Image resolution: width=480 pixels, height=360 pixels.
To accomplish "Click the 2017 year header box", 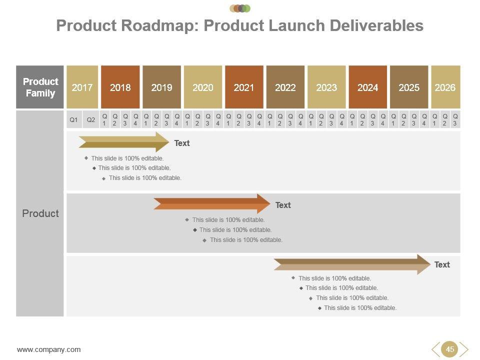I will pyautogui.click(x=82, y=87).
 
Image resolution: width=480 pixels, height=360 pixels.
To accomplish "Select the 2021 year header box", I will pyautogui.click(x=244, y=87).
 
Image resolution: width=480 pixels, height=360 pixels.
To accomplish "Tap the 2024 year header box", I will pyautogui.click(x=367, y=87).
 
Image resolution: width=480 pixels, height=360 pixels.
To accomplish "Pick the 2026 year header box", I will pyautogui.click(x=445, y=87).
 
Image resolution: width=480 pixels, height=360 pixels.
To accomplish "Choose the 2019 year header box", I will pyautogui.click(x=161, y=87).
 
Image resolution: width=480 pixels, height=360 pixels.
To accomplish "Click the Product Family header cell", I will pyautogui.click(x=40, y=87).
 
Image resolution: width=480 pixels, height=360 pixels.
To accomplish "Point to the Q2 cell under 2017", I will pyautogui.click(x=91, y=120).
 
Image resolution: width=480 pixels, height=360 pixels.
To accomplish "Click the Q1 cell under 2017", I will pyautogui.click(x=74, y=120).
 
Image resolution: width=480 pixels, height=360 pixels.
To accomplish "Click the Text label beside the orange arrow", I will pyautogui.click(x=283, y=205).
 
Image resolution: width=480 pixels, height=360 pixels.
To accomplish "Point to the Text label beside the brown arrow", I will pyautogui.click(x=442, y=264).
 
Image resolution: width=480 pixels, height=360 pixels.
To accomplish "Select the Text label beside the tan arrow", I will pyautogui.click(x=182, y=143).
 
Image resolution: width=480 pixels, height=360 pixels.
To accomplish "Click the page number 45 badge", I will pyautogui.click(x=450, y=349).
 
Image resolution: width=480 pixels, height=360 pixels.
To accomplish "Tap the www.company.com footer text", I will pyautogui.click(x=49, y=349).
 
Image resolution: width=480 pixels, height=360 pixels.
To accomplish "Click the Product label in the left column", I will pyautogui.click(x=40, y=213).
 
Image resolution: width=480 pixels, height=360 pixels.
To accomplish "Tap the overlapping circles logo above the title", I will pyautogui.click(x=240, y=8).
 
